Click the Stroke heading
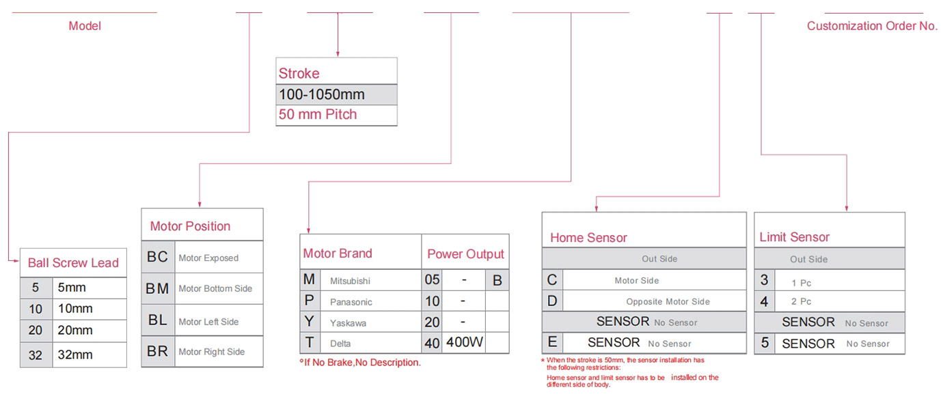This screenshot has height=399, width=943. coord(299,74)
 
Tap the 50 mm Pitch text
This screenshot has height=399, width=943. coord(318,115)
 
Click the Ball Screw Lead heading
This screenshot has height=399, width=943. coord(73,263)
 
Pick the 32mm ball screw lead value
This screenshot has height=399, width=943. coord(75,355)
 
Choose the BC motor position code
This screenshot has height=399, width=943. coord(157,257)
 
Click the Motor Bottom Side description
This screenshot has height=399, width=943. coord(215,289)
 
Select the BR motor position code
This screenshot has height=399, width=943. coord(157,351)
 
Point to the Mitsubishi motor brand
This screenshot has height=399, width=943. coord(350,281)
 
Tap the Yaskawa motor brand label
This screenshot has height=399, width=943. coord(348,323)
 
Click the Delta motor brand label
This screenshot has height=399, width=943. coord(340,344)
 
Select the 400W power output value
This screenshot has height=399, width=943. coord(465,342)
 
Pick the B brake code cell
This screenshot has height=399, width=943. coord(497,280)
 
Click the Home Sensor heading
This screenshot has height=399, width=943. coord(588,238)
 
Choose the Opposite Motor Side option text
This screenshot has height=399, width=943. coord(668,302)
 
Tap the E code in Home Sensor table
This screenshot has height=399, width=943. coord(552,342)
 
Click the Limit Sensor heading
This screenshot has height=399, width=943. coord(795,237)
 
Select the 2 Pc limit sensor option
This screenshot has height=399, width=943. coord(801,302)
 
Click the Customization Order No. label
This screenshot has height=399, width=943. coord(872,26)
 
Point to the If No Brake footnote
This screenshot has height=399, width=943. coord(360,362)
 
